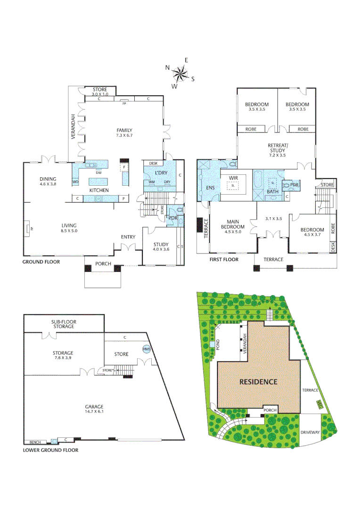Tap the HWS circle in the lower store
coord(146,349)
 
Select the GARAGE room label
coord(94,407)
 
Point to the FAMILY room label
coord(124,131)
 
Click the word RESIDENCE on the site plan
coord(258,382)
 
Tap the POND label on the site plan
coord(218,345)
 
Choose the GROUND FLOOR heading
coord(41,262)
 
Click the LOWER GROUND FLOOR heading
coord(50,450)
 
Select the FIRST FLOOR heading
coord(224,259)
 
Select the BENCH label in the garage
coord(35,442)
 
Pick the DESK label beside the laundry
coord(153,164)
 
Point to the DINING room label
coord(48,179)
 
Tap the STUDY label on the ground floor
coord(161,244)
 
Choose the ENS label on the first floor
coord(210,188)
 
